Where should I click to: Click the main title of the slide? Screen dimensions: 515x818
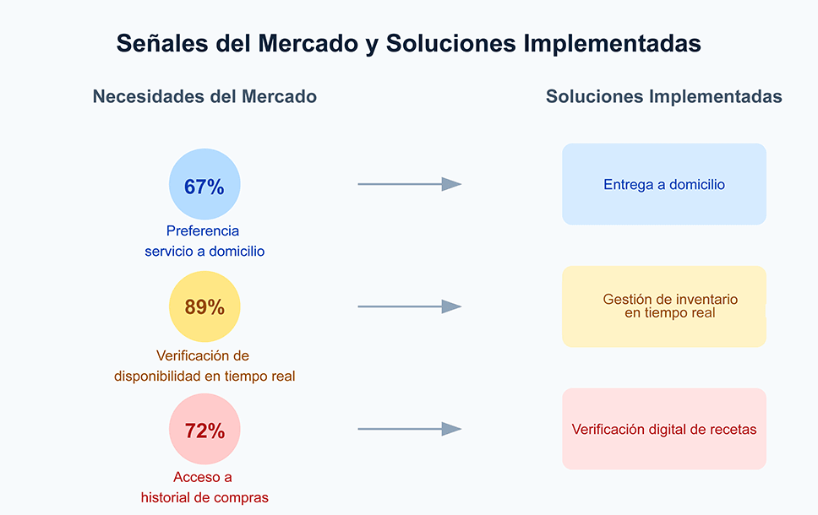point(409,43)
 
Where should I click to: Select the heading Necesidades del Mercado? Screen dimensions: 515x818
point(204,97)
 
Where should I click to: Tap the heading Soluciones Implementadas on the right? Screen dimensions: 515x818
point(663,97)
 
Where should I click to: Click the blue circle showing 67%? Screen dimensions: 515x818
point(204,185)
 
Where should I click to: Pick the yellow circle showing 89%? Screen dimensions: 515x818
point(204,306)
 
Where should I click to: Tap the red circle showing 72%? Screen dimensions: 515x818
point(204,429)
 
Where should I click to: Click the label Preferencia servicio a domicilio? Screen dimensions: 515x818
point(204,241)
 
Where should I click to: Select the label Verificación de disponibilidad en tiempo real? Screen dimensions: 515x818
point(204,366)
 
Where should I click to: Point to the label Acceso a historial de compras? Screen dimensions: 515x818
point(204,487)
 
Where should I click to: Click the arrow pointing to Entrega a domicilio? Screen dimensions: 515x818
point(409,184)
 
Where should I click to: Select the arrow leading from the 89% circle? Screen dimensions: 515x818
point(409,306)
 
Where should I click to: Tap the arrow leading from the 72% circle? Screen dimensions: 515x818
point(409,429)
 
